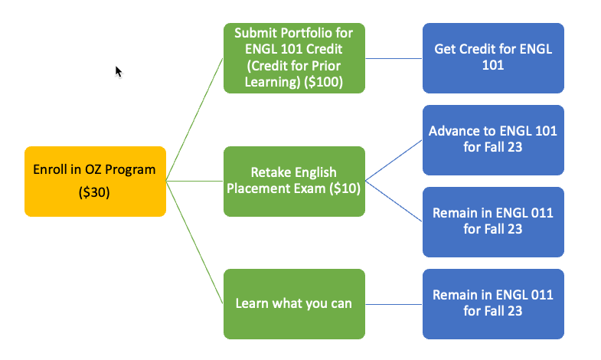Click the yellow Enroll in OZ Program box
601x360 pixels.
pos(95,181)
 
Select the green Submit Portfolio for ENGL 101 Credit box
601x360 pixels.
pos(294,57)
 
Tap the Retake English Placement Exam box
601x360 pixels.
pos(294,181)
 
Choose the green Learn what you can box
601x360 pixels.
pos(294,303)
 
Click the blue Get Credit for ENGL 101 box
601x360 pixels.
pos(493,57)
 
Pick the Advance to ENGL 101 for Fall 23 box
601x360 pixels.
pos(493,139)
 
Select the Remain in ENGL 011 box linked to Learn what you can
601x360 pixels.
pos(493,303)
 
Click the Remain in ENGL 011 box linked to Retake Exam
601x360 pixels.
pos(493,221)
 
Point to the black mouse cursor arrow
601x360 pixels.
pos(119,70)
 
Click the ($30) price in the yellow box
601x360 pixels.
pos(95,193)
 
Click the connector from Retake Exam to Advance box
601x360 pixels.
pos(394,161)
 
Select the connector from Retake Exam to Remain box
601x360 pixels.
pos(394,201)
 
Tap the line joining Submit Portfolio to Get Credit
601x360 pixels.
pos(394,57)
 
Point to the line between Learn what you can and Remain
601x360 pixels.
pos(394,303)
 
